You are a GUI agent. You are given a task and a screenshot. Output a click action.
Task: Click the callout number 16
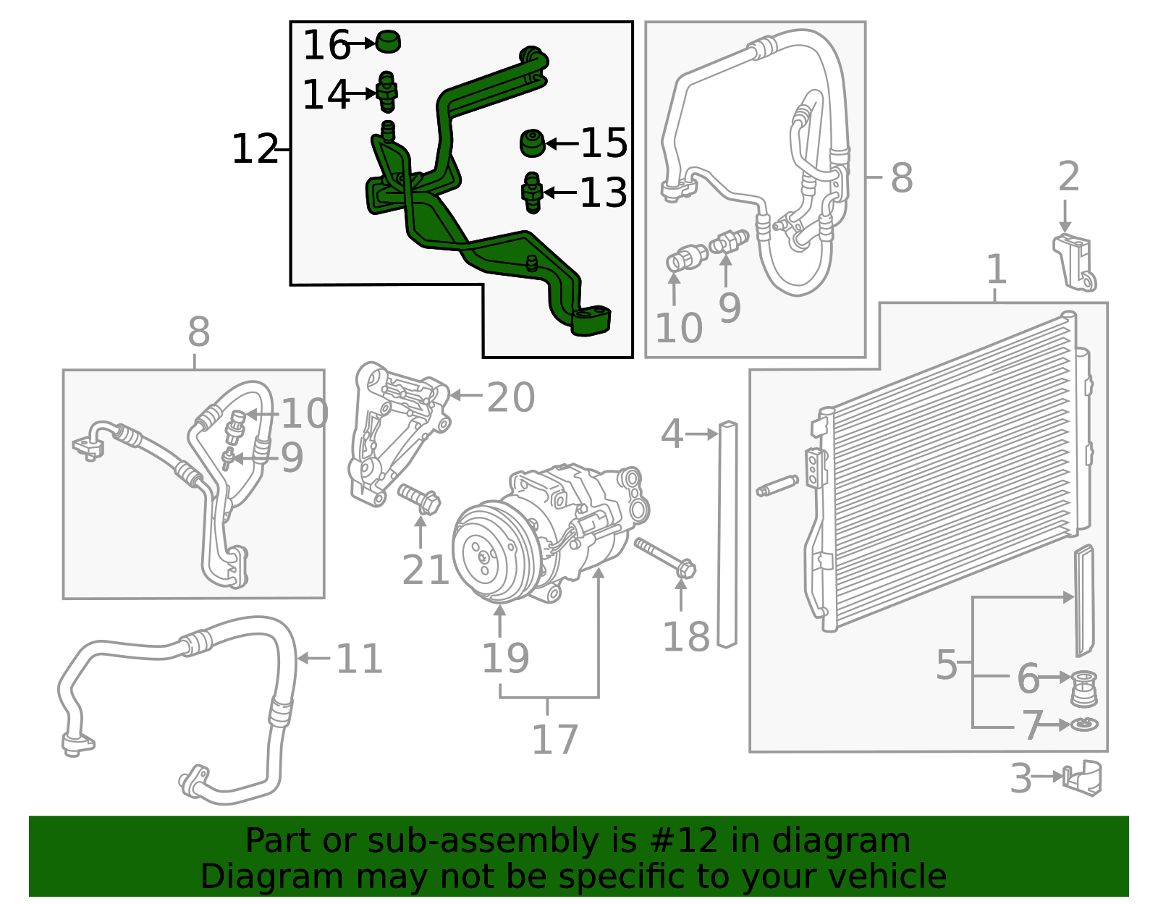click(x=326, y=45)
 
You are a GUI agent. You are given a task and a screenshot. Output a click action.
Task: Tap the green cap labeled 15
click(x=533, y=143)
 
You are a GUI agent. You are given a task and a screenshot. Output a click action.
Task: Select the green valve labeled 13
click(x=533, y=193)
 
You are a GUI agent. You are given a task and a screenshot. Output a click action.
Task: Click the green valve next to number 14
click(x=387, y=93)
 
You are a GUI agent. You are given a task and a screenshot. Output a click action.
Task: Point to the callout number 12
click(x=255, y=149)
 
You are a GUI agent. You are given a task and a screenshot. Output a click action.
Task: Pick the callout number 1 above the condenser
click(x=997, y=269)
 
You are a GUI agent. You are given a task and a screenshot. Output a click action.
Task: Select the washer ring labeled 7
click(x=1083, y=725)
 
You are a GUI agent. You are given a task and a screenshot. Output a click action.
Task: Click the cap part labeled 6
click(x=1083, y=688)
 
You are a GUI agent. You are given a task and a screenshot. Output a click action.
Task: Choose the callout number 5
click(x=947, y=664)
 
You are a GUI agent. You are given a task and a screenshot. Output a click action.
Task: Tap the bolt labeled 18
click(x=665, y=557)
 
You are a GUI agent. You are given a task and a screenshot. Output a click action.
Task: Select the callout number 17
click(x=554, y=740)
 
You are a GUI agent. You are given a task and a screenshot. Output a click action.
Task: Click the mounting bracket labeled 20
click(x=398, y=434)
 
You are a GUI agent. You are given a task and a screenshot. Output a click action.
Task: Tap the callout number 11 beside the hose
click(x=359, y=659)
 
